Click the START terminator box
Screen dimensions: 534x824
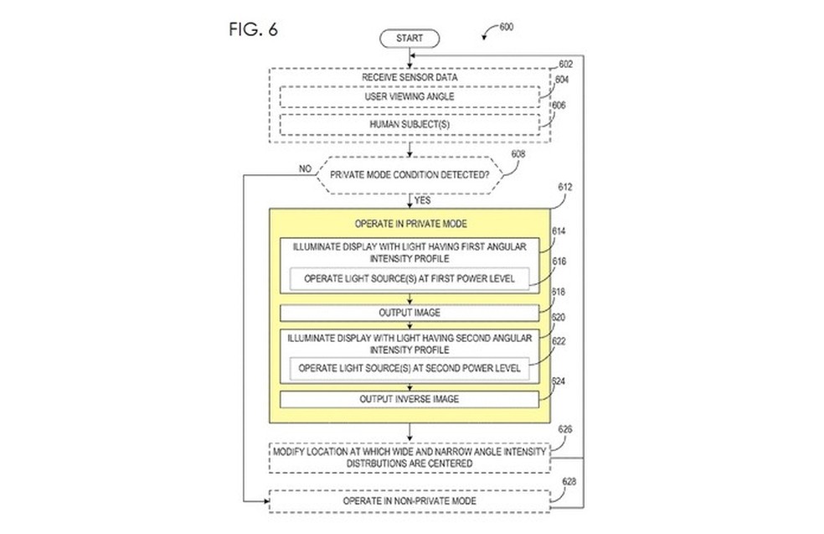[x=409, y=39]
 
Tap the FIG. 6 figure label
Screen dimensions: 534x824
[x=252, y=30]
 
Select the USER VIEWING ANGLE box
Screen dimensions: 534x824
[x=409, y=98]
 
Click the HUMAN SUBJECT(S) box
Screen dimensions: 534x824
[x=409, y=124]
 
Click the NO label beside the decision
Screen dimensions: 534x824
[x=305, y=168]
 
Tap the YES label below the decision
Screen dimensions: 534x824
[x=423, y=200]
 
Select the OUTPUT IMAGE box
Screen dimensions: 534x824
[x=409, y=313]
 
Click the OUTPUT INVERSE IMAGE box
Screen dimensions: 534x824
[x=409, y=399]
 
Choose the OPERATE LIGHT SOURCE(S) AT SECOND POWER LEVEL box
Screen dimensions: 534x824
[x=409, y=367]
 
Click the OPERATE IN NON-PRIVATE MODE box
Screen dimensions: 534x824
[x=409, y=500]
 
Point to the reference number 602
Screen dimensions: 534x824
[x=565, y=63]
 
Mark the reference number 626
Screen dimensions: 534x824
[x=565, y=430]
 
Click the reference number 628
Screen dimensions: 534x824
[x=565, y=482]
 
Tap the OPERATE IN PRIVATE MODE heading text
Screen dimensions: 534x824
[x=409, y=225]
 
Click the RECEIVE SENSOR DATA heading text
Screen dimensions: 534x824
[x=409, y=77]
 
